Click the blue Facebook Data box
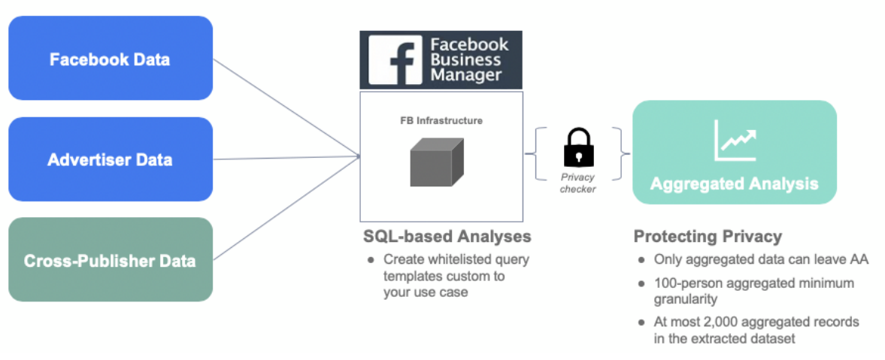[110, 59]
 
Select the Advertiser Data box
[110, 159]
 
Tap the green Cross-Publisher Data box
[110, 260]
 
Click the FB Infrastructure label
[441, 120]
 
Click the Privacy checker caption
[578, 183]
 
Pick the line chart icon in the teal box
[735, 141]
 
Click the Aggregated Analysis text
[734, 183]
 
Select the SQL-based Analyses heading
[447, 236]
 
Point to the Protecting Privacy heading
[708, 236]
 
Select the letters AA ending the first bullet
[859, 259]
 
